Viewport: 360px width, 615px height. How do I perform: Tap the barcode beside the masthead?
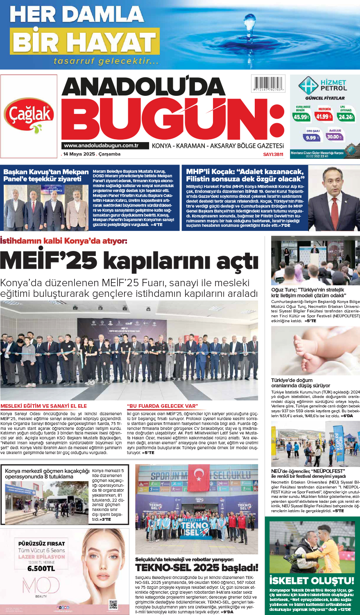coord(268,84)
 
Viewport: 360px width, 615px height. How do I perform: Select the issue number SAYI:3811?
coord(273,154)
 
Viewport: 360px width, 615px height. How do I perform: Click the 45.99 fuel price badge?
coord(301,117)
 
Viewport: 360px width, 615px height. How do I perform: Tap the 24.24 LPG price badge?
coord(346,117)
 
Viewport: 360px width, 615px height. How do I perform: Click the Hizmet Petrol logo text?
coord(333,85)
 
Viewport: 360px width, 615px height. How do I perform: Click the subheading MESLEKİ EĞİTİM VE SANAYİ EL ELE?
coord(44,406)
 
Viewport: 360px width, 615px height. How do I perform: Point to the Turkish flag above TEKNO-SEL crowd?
coord(199,474)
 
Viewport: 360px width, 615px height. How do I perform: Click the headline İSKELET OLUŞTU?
coord(312,581)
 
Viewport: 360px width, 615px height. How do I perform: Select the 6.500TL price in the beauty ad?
coord(41,568)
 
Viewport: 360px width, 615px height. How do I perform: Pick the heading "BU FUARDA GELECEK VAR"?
coord(163,406)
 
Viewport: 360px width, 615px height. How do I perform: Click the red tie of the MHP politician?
coord(333,204)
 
